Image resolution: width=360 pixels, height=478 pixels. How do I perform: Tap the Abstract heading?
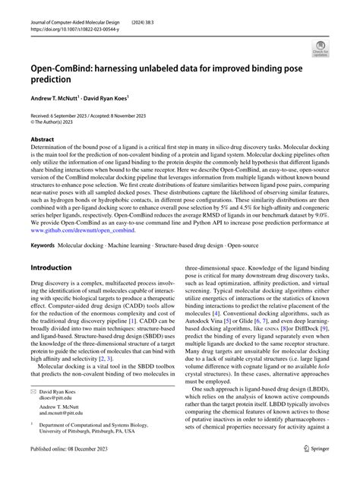tap(43, 140)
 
